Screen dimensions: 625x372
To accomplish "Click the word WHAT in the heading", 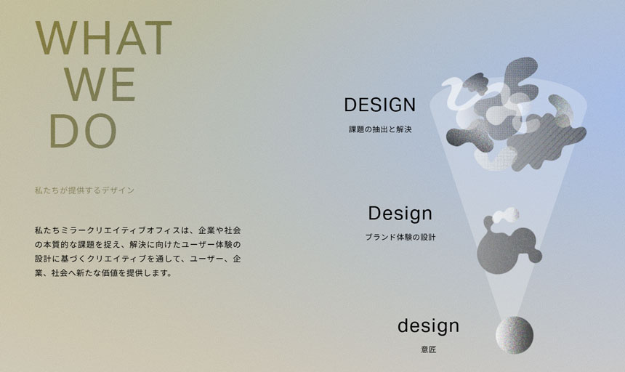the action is point(104,38).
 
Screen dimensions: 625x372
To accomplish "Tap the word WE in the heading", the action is point(100,84).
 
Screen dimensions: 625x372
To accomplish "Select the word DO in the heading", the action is point(84,131).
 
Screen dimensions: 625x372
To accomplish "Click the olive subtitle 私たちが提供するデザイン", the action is point(84,190).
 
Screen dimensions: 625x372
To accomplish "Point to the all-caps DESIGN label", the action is point(380,105).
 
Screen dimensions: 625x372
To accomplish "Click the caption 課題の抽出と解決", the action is point(380,129).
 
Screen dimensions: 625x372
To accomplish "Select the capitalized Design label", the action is point(400,213).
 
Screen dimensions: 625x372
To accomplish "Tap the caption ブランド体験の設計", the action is point(400,238).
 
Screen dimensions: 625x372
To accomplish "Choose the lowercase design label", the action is point(429,325).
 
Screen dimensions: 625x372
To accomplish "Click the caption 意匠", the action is point(429,349).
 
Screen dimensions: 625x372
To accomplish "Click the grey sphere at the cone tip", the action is point(515,335).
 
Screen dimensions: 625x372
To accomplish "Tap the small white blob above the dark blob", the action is point(507,215).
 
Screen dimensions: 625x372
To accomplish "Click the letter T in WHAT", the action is point(158,38).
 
